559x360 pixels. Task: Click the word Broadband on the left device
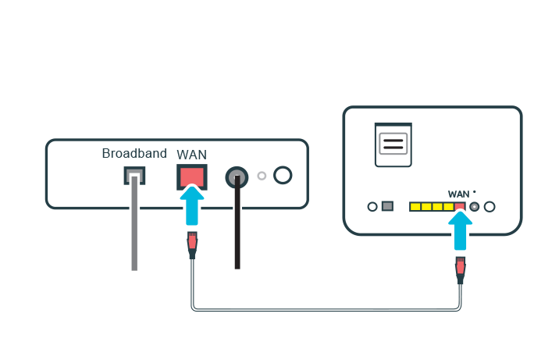(x=134, y=153)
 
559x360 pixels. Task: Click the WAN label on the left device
(x=192, y=155)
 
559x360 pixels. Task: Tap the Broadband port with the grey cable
(x=134, y=176)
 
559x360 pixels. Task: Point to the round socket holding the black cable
(x=237, y=178)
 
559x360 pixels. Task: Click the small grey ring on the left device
(x=262, y=176)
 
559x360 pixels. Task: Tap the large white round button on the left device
(x=283, y=175)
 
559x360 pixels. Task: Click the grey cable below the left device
(x=134, y=234)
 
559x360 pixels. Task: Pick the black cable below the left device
(x=237, y=234)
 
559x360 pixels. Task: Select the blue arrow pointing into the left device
(x=192, y=205)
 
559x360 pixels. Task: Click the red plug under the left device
(x=192, y=245)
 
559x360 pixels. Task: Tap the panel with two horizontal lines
(x=393, y=144)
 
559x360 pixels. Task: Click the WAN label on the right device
(x=459, y=193)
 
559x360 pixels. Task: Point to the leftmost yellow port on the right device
(x=415, y=207)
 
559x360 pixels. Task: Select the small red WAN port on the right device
(x=460, y=207)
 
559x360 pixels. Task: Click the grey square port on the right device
(x=387, y=207)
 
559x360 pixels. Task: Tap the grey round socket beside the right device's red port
(x=474, y=207)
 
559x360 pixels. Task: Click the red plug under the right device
(x=461, y=269)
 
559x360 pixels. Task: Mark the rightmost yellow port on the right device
(x=449, y=207)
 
